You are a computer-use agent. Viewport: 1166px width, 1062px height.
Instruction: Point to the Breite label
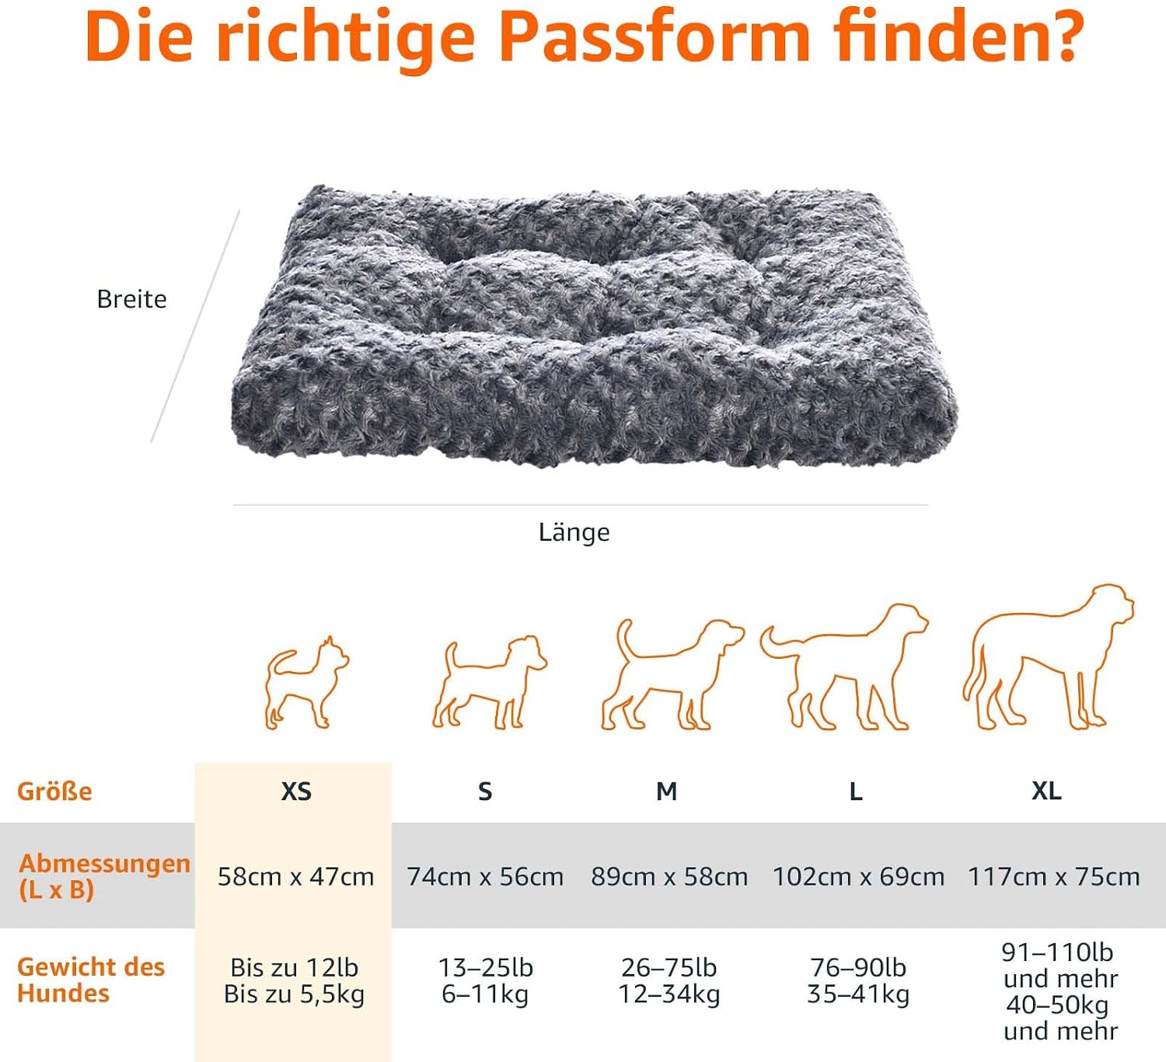(132, 299)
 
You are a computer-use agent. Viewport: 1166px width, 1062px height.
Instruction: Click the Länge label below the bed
(574, 532)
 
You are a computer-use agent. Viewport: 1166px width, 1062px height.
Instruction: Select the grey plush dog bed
(593, 326)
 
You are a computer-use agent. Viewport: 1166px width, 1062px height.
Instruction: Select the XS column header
(296, 792)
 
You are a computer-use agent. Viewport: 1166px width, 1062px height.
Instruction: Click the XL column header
(1047, 791)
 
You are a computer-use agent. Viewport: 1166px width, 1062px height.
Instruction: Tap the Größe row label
(54, 792)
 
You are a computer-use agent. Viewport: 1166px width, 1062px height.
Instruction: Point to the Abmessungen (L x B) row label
(105, 876)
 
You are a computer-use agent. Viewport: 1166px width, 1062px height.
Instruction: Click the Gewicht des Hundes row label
(91, 980)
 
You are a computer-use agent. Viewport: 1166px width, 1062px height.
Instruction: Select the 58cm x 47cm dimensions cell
(296, 876)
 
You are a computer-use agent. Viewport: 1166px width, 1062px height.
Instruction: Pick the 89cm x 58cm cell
(669, 876)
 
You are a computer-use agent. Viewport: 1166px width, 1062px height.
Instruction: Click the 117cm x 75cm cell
(1054, 876)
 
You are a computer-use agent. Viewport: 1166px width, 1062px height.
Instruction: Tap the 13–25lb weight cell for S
(485, 968)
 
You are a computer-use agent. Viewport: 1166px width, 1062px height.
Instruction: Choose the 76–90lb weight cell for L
(858, 968)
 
